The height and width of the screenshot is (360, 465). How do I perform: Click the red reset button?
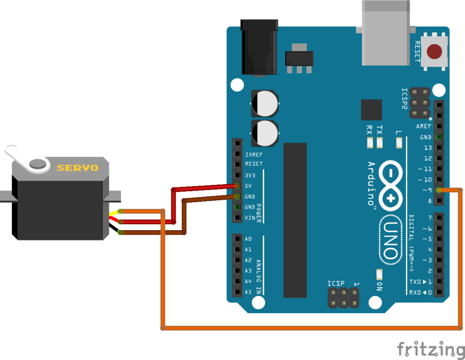(435, 51)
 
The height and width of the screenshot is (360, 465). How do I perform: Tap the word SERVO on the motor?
(77, 168)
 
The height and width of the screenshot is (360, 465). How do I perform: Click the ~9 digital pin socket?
(439, 190)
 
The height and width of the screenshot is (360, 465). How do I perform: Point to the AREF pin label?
(424, 126)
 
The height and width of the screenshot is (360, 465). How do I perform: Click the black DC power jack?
(258, 47)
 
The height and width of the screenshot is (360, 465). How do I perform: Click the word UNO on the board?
(391, 241)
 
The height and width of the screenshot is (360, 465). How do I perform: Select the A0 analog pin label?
(248, 239)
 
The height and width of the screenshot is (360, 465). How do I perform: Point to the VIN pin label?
(250, 218)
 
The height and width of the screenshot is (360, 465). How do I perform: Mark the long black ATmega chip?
(295, 220)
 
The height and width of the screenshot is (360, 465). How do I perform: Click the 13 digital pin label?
(427, 148)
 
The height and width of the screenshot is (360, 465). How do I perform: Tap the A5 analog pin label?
(248, 292)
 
